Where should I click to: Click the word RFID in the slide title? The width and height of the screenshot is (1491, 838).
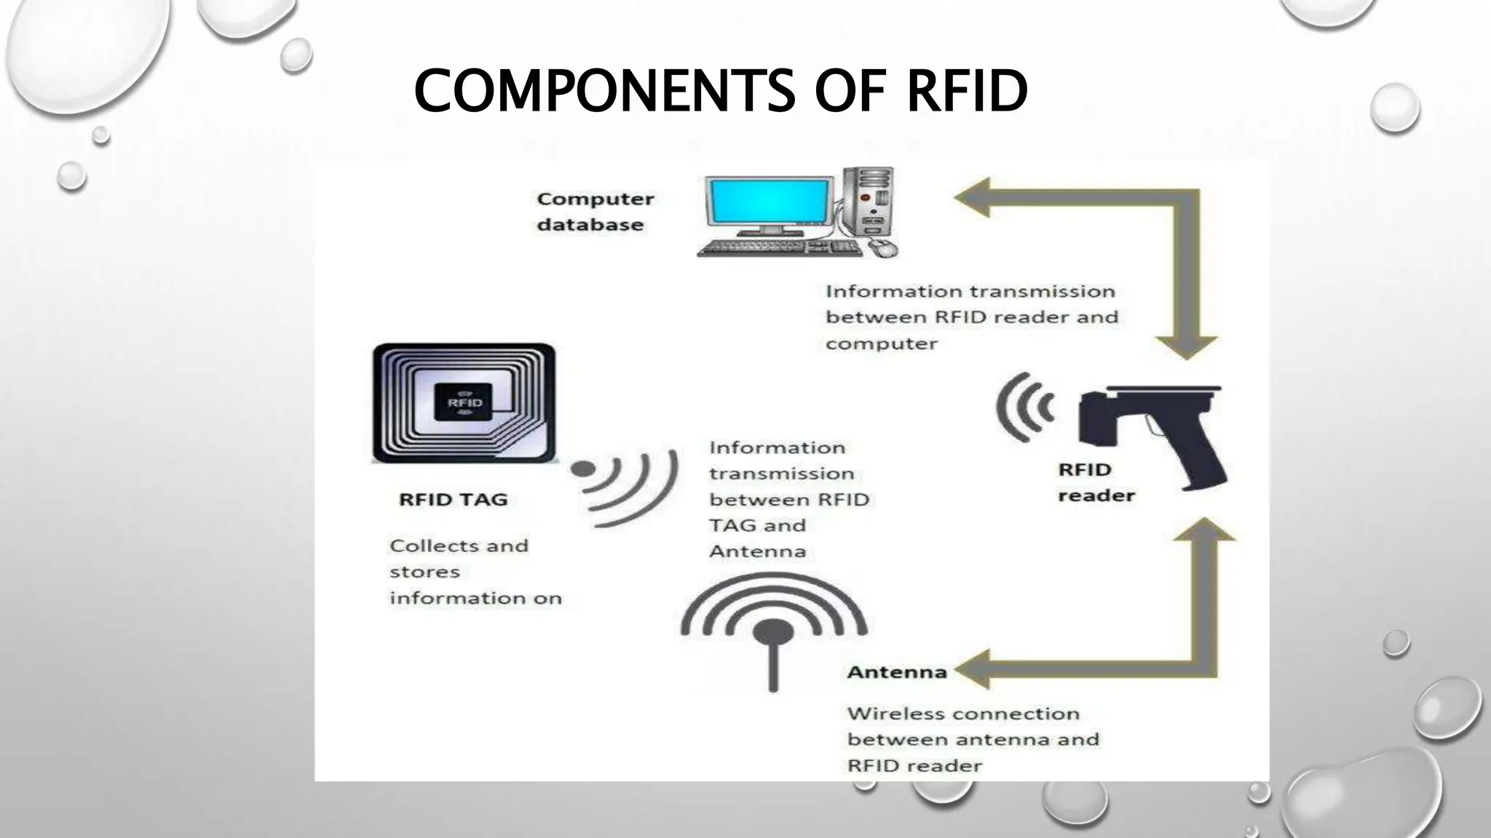tap(967, 92)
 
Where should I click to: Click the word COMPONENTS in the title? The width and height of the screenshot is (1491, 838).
tap(604, 92)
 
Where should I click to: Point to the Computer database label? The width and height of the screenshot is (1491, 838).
tap(595, 212)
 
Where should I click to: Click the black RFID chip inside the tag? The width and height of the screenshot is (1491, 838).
tap(464, 402)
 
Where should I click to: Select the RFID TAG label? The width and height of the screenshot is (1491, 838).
tap(453, 500)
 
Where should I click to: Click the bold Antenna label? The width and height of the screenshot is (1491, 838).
tap(896, 672)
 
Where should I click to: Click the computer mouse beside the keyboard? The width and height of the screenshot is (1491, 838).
tap(882, 249)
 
